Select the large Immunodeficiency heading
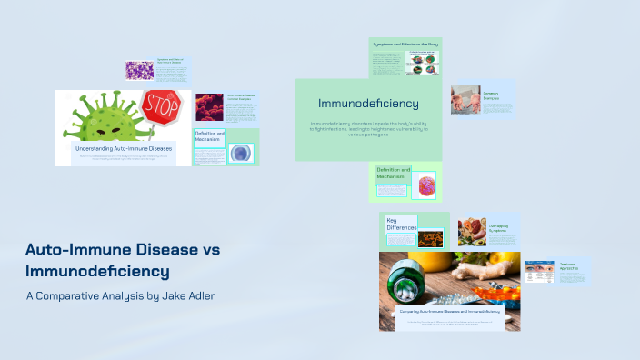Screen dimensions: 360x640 (368, 104)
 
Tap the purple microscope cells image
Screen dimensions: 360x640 (142, 70)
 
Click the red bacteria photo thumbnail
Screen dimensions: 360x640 (209, 106)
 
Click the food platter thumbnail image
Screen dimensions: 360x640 (472, 231)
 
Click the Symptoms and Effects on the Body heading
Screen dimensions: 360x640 (405, 45)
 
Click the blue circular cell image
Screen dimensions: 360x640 (240, 153)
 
